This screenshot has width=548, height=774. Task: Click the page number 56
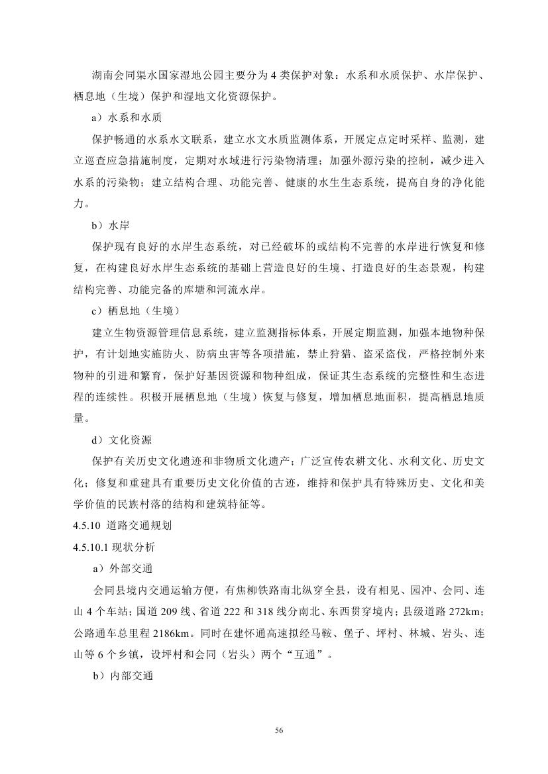point(278,730)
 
